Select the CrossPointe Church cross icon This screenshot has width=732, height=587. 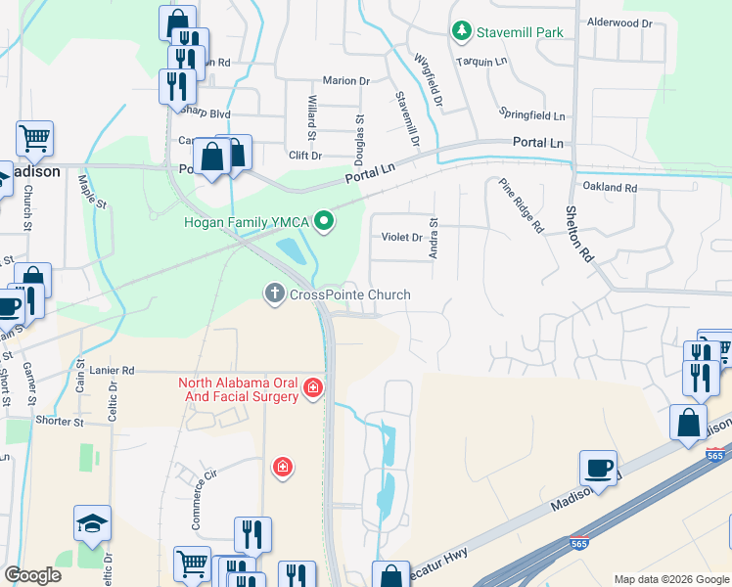(x=274, y=293)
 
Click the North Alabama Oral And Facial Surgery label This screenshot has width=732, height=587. (x=238, y=389)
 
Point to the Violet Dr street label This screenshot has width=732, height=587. (x=401, y=238)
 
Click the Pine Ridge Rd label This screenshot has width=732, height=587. (x=520, y=206)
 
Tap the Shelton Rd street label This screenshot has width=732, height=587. (x=580, y=234)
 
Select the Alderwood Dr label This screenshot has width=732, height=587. (x=618, y=23)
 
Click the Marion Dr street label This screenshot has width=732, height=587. (x=346, y=81)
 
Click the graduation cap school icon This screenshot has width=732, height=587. (x=93, y=523)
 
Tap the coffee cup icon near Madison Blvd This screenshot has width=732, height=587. (x=597, y=468)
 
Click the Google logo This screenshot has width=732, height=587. (x=32, y=575)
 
